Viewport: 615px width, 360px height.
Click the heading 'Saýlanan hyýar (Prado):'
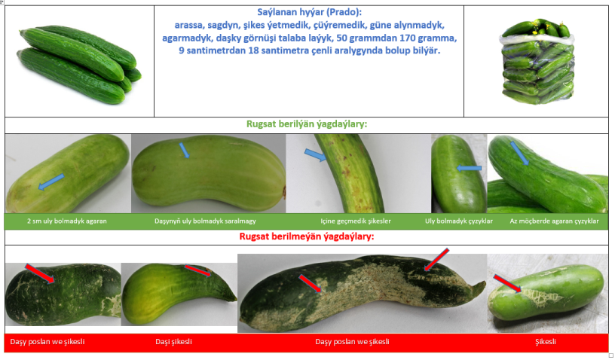[310, 12]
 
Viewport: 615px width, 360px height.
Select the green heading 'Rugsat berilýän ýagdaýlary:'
[307, 124]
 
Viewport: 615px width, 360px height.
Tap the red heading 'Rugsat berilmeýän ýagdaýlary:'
[307, 236]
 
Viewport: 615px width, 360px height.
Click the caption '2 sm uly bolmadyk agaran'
[66, 221]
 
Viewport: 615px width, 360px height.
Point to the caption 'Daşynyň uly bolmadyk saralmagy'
[205, 221]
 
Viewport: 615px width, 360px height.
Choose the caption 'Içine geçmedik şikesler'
[356, 221]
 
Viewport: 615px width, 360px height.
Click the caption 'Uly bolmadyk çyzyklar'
[459, 221]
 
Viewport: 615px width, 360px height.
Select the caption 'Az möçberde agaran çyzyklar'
[554, 221]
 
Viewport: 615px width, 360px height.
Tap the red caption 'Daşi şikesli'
[174, 342]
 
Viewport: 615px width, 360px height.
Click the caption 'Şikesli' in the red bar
[546, 342]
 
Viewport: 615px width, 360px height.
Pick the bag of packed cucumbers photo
[537, 61]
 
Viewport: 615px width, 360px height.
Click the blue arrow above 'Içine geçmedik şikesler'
[315, 154]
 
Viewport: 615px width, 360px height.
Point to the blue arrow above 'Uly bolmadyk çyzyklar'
[469, 168]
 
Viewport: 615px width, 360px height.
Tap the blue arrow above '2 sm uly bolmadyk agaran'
[51, 182]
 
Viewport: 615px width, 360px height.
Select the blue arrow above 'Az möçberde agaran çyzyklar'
[519, 153]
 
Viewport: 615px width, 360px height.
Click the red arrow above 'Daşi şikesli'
[197, 270]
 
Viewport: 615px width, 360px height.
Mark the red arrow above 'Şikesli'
[507, 284]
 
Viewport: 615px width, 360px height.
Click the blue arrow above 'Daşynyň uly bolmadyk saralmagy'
[185, 151]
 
